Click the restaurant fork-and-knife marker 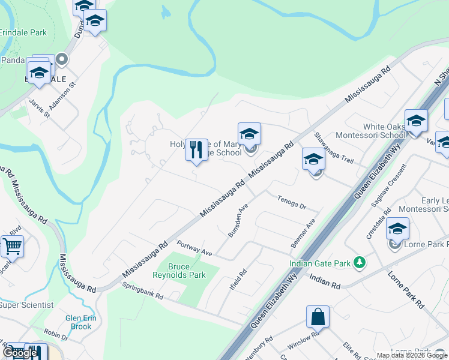196,150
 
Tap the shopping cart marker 12,246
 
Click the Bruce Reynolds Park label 187,271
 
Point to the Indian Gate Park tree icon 360,262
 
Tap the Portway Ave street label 195,248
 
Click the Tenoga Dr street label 292,202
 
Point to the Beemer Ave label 303,233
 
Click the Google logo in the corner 20,353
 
